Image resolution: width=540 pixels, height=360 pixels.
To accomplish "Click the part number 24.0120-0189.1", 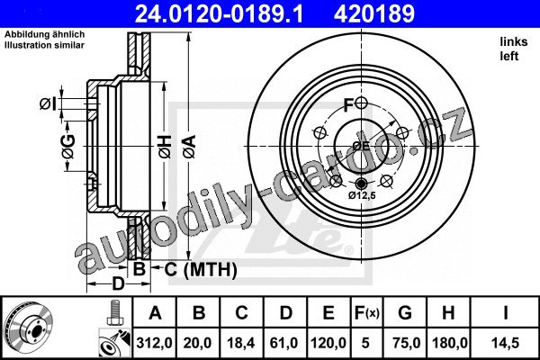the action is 219,13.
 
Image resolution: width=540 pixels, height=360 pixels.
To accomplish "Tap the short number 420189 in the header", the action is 374,13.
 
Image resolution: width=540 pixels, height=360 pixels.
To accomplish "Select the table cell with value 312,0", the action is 154,343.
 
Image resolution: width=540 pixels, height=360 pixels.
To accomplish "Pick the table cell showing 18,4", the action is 241,343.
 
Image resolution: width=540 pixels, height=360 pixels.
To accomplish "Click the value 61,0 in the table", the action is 284,343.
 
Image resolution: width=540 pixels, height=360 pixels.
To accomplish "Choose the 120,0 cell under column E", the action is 328,343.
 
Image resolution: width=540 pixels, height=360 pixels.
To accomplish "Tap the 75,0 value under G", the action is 406,343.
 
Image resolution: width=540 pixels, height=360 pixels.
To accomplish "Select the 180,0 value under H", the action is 449,343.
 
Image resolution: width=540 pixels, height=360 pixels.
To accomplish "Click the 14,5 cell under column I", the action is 506,343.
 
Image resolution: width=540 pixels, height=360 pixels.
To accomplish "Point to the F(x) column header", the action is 367,313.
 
